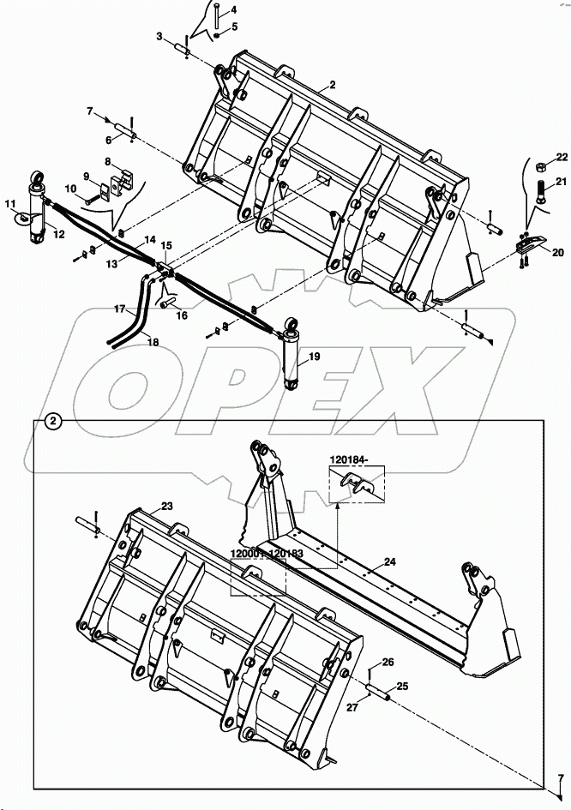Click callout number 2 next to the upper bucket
(x=333, y=85)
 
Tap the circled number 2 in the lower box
(x=53, y=421)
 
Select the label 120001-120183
(x=267, y=555)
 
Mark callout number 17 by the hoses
(x=120, y=309)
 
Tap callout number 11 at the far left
(x=10, y=203)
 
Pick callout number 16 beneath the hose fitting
(x=182, y=315)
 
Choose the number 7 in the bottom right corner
(x=561, y=778)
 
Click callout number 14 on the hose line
(x=150, y=241)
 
